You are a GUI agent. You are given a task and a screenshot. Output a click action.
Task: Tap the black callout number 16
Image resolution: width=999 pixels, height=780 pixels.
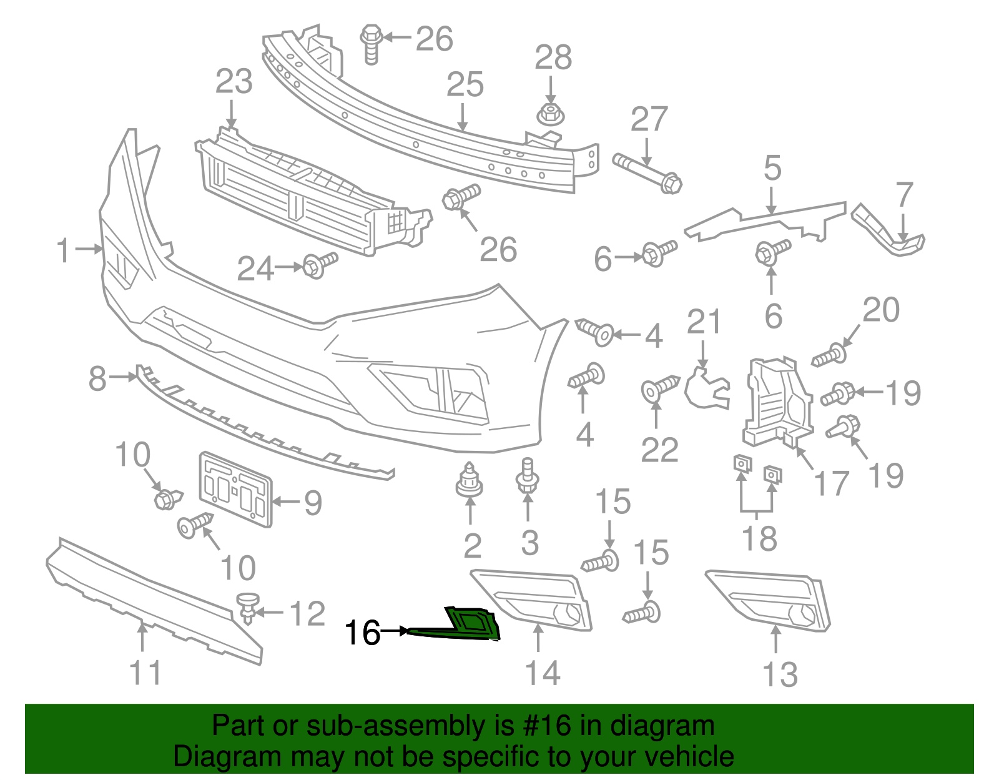362,633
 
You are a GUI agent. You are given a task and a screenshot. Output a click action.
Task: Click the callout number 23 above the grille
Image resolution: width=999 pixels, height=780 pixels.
234,82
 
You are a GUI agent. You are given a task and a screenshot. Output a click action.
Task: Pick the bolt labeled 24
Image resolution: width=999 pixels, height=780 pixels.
319,265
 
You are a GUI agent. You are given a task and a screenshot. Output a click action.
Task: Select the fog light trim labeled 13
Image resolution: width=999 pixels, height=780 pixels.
769,599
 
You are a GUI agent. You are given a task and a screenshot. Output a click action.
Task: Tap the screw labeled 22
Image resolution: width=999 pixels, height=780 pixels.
659,387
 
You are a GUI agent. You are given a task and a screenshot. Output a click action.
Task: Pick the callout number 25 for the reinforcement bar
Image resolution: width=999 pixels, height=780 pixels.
465,85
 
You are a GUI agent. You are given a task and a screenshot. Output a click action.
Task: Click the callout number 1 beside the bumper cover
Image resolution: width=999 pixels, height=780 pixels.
64,250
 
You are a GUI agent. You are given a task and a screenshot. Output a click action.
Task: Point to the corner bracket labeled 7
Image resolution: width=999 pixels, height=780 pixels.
887,231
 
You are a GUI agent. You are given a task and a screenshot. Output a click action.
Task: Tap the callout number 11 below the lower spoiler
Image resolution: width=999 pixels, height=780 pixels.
145,673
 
